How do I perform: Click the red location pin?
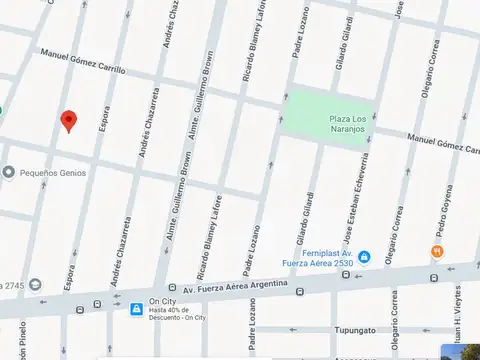[68, 121]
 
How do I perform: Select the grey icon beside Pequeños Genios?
[8, 172]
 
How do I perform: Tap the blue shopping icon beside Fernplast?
[364, 258]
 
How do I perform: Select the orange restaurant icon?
[437, 251]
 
